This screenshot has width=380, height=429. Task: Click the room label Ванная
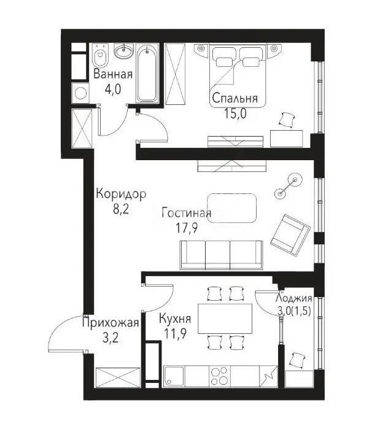pyautogui.click(x=114, y=75)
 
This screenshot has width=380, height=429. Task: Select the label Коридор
pyautogui.click(x=121, y=195)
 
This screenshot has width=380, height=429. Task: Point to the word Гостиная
pyautogui.click(x=187, y=213)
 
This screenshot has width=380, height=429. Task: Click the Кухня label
pyautogui.click(x=175, y=319)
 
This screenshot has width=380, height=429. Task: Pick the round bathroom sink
pyautogui.click(x=125, y=52)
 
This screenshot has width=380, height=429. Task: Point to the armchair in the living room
pyautogui.click(x=290, y=234)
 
